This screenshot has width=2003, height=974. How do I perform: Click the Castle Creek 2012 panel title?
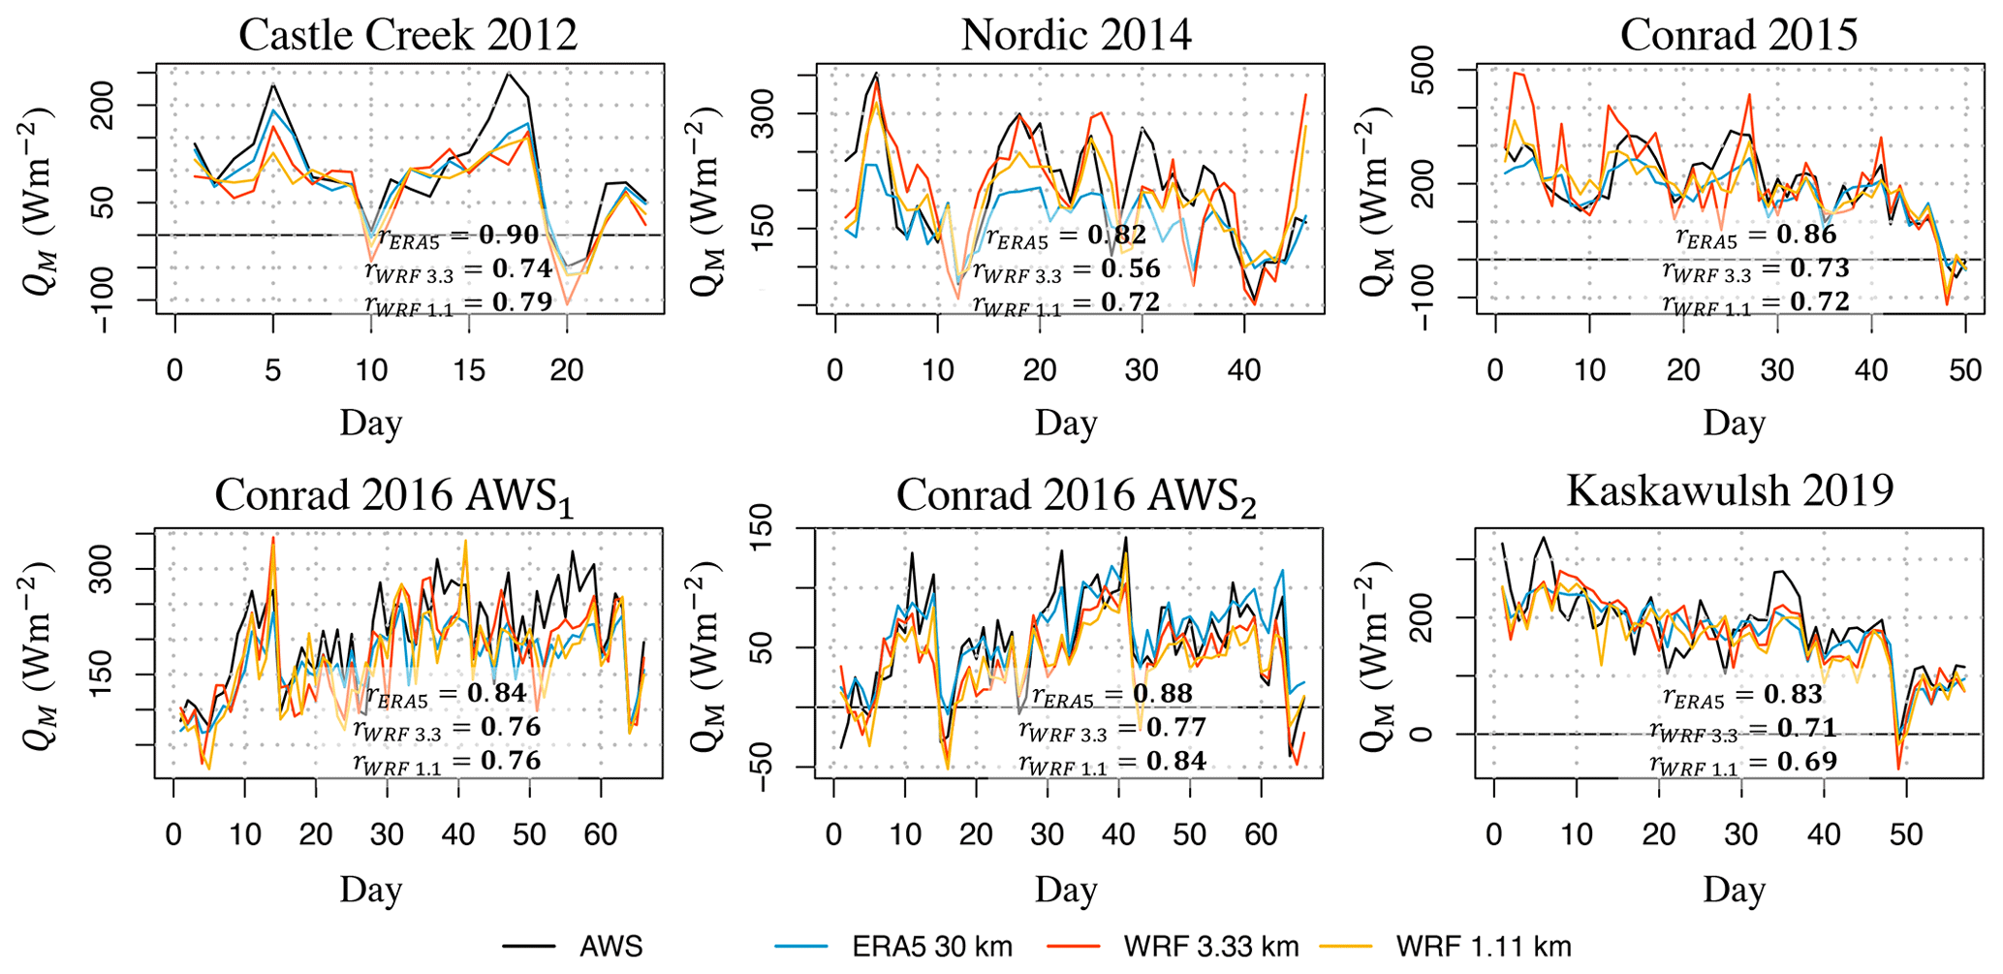tap(407, 35)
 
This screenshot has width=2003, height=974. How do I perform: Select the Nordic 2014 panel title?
tap(1076, 35)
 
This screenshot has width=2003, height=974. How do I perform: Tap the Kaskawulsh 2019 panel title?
tap(1729, 490)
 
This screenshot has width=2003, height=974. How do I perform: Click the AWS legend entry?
tap(610, 947)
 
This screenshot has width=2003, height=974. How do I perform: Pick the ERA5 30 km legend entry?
tap(931, 947)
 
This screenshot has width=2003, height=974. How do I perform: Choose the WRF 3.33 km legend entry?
tap(1210, 947)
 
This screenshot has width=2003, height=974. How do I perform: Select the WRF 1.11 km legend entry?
tap(1483, 947)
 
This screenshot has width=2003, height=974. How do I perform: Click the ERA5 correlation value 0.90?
tap(509, 236)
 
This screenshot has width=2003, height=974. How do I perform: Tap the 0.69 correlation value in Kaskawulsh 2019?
tap(1806, 762)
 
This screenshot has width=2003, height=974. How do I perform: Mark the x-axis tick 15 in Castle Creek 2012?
tap(469, 369)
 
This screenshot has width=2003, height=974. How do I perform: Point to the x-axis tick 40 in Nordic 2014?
tap(1244, 369)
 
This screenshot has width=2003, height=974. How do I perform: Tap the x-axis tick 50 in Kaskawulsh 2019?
tap(1906, 834)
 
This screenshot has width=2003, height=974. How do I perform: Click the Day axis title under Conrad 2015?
tap(1734, 424)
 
